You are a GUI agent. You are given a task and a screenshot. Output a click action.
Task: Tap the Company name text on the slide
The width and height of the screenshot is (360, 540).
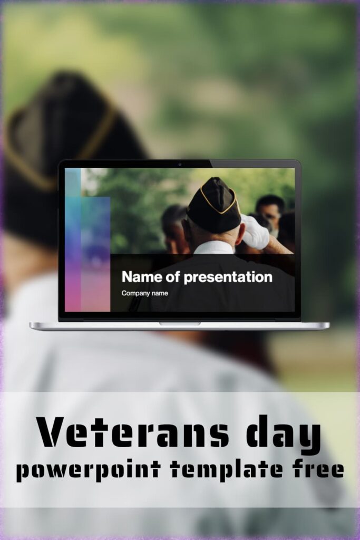[x=144, y=293]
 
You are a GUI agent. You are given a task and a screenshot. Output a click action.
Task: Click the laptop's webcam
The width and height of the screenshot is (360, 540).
[x=180, y=163]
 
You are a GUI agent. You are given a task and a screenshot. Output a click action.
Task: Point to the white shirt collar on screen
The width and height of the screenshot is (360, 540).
[x=213, y=247]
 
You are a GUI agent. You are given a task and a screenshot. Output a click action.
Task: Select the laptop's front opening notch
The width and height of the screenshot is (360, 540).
[x=180, y=323]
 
